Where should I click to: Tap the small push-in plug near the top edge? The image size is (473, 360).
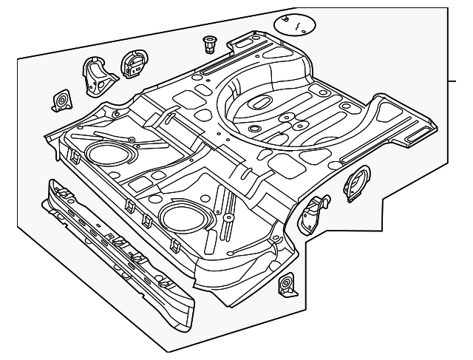pyautogui.click(x=208, y=45)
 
